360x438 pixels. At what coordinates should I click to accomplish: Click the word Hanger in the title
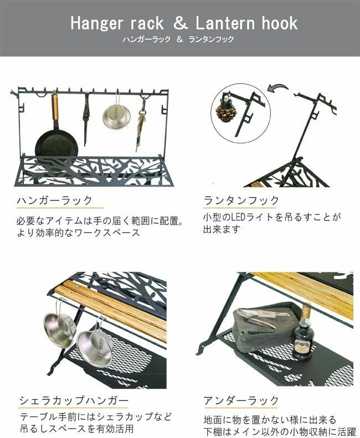[x=97, y=23]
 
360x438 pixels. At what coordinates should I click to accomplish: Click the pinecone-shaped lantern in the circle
[x=227, y=113]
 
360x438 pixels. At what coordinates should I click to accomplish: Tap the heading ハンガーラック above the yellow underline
[x=55, y=200]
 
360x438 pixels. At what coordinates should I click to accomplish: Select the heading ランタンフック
[x=241, y=200]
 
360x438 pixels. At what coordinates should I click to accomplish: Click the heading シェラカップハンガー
[x=74, y=400]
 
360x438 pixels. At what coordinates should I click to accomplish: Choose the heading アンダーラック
[x=241, y=400]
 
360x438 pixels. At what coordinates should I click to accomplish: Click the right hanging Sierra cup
[x=95, y=346]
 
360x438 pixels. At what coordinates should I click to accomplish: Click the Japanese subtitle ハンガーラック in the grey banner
[x=146, y=39]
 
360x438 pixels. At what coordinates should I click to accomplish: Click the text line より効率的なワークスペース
[x=77, y=233]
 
